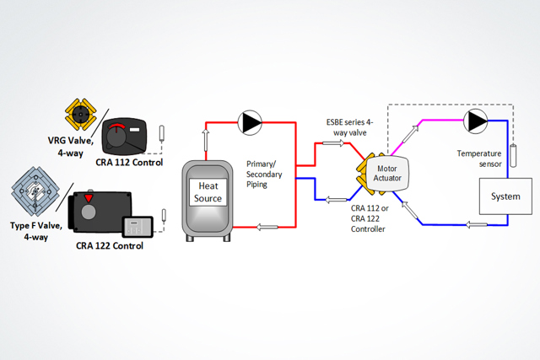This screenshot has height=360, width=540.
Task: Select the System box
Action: (x=500, y=196)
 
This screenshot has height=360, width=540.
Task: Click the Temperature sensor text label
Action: (x=479, y=159)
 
